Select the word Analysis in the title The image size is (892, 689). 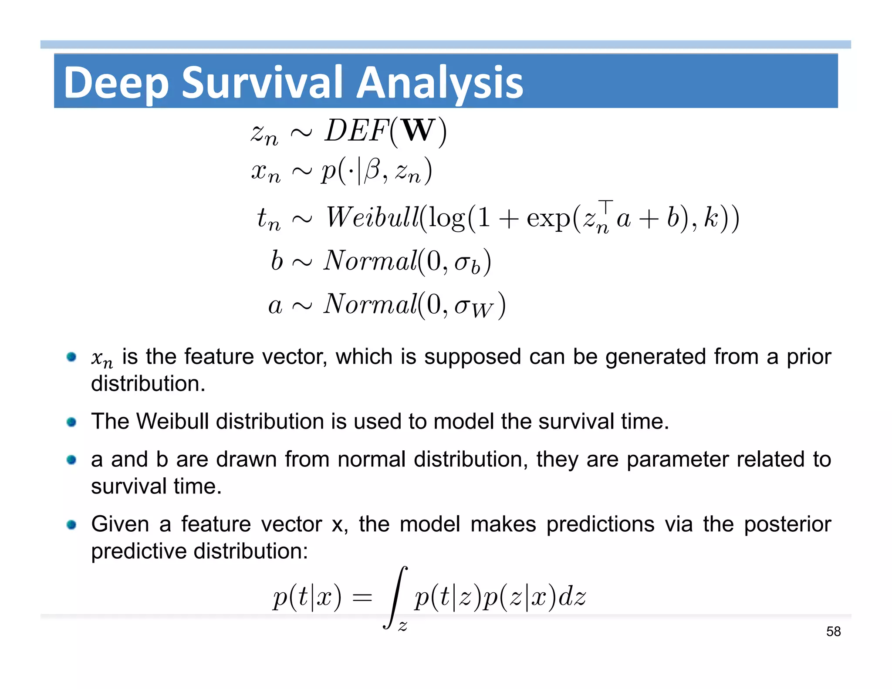(x=439, y=82)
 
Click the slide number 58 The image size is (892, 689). (x=833, y=632)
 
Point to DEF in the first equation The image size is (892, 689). (x=356, y=130)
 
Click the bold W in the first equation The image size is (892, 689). (x=418, y=130)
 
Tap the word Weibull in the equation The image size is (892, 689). (x=372, y=217)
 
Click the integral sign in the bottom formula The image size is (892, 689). (x=395, y=597)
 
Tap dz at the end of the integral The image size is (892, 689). (x=572, y=597)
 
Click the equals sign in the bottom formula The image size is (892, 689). (x=362, y=597)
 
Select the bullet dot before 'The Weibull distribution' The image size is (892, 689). (x=72, y=422)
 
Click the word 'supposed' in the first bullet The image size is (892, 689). (x=473, y=357)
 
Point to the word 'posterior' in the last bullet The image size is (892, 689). (x=787, y=524)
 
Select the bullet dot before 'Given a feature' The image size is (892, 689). (x=72, y=524)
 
